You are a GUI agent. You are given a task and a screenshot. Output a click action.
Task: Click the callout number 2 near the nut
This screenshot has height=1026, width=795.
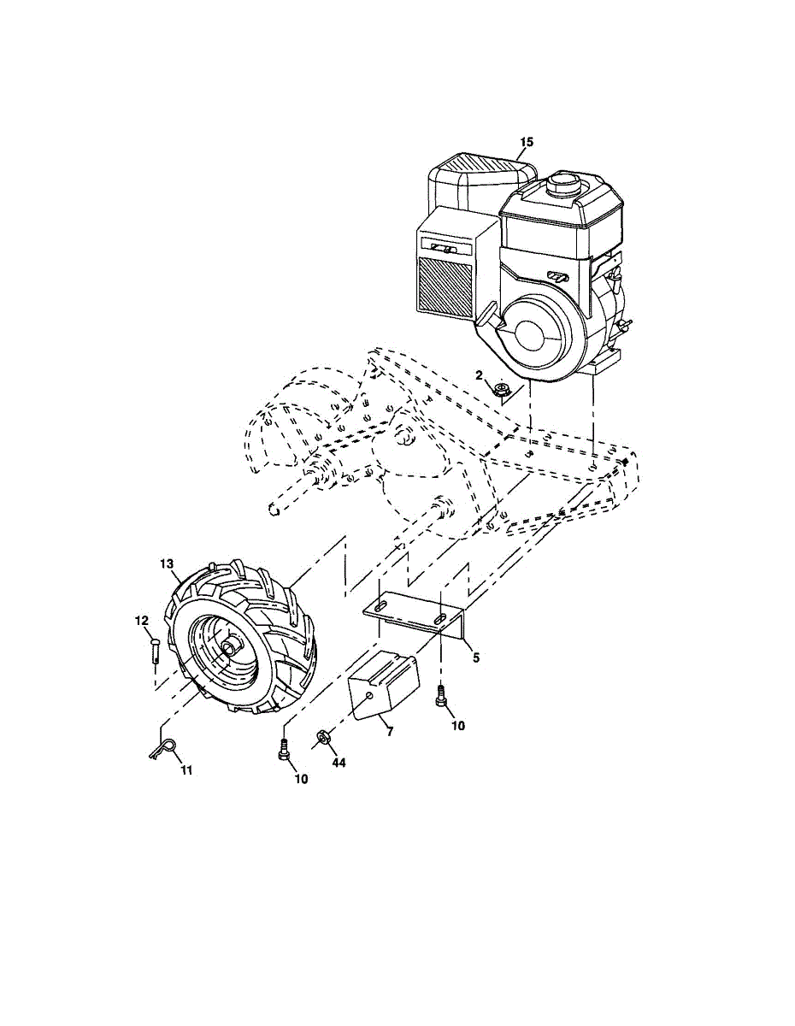tap(480, 374)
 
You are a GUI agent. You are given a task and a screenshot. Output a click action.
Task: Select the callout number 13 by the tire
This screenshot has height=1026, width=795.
tap(166, 563)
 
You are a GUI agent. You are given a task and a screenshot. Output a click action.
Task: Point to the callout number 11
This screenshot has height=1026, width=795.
tap(186, 769)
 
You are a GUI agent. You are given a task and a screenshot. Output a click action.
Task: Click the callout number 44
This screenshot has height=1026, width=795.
tap(339, 763)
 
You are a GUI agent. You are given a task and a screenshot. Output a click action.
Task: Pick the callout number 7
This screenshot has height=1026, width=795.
tap(389, 732)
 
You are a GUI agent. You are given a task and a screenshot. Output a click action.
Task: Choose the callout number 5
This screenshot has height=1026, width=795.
tap(475, 657)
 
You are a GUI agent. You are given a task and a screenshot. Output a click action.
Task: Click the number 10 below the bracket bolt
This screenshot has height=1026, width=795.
tap(458, 725)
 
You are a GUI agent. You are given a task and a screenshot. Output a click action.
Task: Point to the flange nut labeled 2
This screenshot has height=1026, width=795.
tap(503, 391)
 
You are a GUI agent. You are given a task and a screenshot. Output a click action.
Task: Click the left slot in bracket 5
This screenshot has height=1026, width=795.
tap(383, 606)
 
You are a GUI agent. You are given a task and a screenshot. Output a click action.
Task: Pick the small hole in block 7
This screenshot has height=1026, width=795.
tap(369, 698)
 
